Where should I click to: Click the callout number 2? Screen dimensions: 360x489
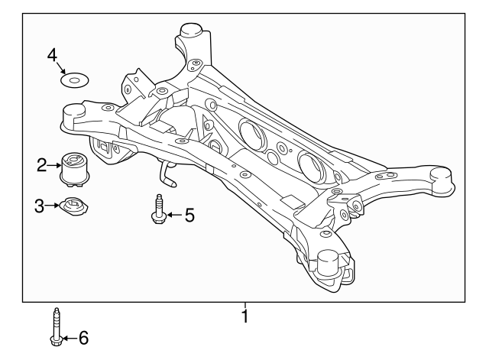pos(41,163)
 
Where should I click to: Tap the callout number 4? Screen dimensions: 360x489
pos(52,55)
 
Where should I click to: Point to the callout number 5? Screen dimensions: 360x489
pos(189,216)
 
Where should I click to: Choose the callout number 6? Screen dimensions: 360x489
pos(83,337)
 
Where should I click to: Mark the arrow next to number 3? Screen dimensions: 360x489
pos(53,205)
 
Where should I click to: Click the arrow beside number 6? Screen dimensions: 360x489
pos(69,337)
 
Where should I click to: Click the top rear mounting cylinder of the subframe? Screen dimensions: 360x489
pos(189,36)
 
